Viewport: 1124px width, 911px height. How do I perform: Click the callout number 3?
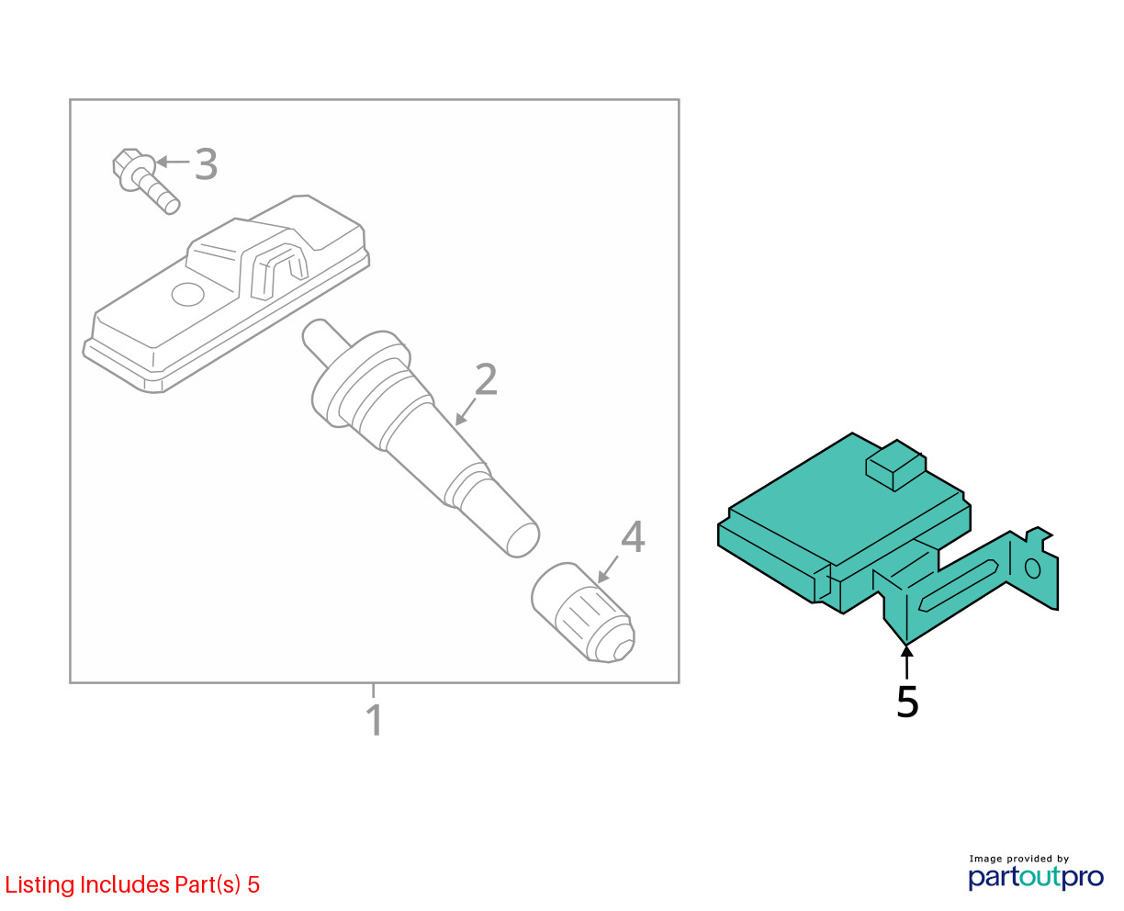pyautogui.click(x=206, y=163)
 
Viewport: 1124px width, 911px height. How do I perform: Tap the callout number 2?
pyautogui.click(x=486, y=378)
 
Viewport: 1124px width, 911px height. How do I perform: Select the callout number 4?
pyautogui.click(x=633, y=536)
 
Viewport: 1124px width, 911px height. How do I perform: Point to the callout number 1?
pyautogui.click(x=375, y=719)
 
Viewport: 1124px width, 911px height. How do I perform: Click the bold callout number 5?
pyautogui.click(x=907, y=701)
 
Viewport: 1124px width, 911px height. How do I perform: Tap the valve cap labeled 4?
pyautogui.click(x=582, y=612)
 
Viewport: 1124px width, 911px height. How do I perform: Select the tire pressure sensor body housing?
pyautogui.click(x=226, y=294)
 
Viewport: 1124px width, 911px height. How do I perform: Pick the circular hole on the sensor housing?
pyautogui.click(x=188, y=294)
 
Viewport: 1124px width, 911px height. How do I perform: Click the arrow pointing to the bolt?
pyautogui.click(x=173, y=162)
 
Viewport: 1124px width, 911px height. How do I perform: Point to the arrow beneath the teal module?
pyautogui.click(x=907, y=661)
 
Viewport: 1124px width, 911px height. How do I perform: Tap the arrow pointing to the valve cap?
pyautogui.click(x=608, y=569)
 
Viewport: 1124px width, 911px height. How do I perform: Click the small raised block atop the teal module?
pyautogui.click(x=896, y=465)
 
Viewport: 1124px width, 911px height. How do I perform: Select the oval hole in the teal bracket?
pyautogui.click(x=1032, y=568)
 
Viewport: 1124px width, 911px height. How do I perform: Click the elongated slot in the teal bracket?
pyautogui.click(x=959, y=585)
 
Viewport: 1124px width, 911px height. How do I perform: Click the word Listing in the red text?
pyautogui.click(x=40, y=885)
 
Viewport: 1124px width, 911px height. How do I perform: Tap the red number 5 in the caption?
pyautogui.click(x=253, y=884)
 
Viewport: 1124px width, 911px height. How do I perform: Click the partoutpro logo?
pyautogui.click(x=1036, y=878)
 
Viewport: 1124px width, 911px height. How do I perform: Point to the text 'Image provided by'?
pyautogui.click(x=1019, y=859)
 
